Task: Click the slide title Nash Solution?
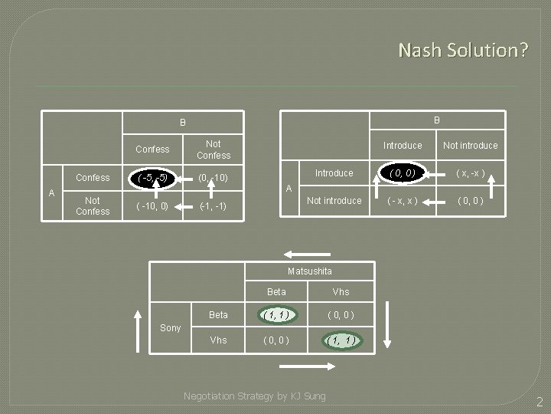point(462,51)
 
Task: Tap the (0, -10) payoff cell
point(213,178)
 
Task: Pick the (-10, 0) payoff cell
point(152,206)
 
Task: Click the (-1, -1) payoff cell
point(213,206)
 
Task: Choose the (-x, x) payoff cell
point(402,201)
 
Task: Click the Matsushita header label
point(310,271)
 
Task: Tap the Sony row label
point(170,328)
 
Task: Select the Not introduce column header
point(471,146)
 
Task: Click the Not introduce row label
point(334,201)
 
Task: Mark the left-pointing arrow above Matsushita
point(307,255)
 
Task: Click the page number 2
point(539,402)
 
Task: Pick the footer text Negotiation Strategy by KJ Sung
point(255,396)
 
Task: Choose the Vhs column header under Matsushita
point(341,292)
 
